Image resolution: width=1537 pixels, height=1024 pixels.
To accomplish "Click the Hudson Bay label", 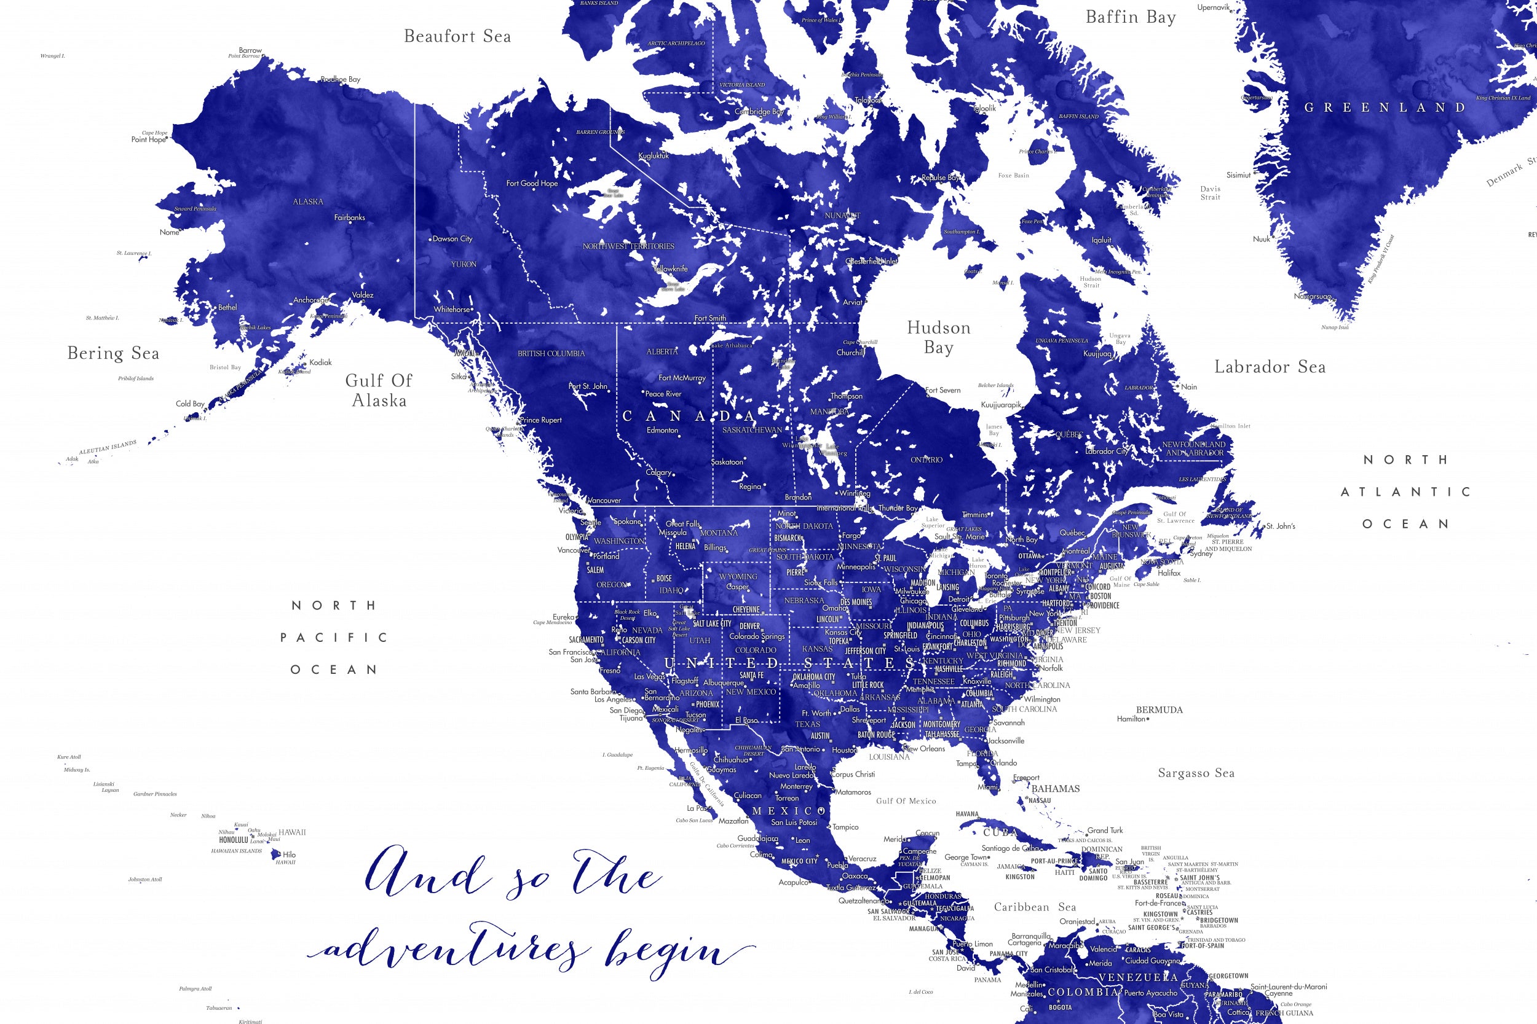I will click(938, 337).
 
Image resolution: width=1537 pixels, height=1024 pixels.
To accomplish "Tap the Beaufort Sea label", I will click(457, 37).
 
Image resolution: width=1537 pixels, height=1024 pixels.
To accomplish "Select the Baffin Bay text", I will click(1131, 18).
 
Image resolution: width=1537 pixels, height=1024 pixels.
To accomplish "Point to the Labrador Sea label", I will click(1270, 367).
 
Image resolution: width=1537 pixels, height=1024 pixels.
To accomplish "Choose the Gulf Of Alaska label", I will click(379, 390).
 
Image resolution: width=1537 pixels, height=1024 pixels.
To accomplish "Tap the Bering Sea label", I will click(113, 353).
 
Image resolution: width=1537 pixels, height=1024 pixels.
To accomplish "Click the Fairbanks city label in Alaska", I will click(350, 217).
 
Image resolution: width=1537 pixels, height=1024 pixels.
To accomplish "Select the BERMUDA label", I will click(1159, 710).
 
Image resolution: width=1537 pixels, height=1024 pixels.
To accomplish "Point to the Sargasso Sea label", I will click(1196, 773).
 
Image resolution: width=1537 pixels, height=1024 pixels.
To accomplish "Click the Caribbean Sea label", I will click(1035, 907).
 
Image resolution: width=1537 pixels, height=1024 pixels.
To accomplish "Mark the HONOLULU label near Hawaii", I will click(233, 840).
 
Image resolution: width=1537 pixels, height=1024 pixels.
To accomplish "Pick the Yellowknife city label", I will click(671, 268).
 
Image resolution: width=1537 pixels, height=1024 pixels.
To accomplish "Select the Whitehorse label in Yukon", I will click(451, 310).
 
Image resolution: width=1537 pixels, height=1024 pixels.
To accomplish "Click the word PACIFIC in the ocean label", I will click(334, 638).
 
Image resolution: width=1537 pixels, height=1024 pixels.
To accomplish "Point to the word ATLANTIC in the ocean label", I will click(1405, 492).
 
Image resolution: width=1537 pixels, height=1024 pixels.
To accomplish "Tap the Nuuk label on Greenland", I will click(1261, 239).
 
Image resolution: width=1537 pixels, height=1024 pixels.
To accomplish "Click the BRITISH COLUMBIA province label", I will click(551, 353).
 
